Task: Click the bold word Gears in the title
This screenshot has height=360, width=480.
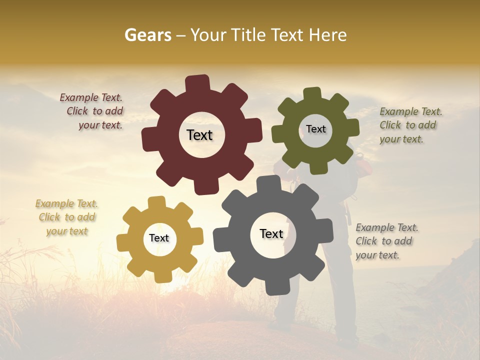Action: tap(147, 35)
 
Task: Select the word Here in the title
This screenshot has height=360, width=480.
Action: tap(328, 35)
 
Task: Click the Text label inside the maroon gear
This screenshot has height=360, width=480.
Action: tap(199, 135)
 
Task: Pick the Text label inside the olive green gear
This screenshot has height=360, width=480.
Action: tap(315, 129)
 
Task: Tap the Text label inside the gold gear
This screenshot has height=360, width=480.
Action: tap(159, 238)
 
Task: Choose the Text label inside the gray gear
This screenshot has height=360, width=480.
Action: tap(271, 233)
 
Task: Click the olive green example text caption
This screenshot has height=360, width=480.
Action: tap(410, 125)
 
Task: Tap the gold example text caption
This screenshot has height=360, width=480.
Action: tap(67, 217)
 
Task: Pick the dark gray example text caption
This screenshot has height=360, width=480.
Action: tap(386, 241)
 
